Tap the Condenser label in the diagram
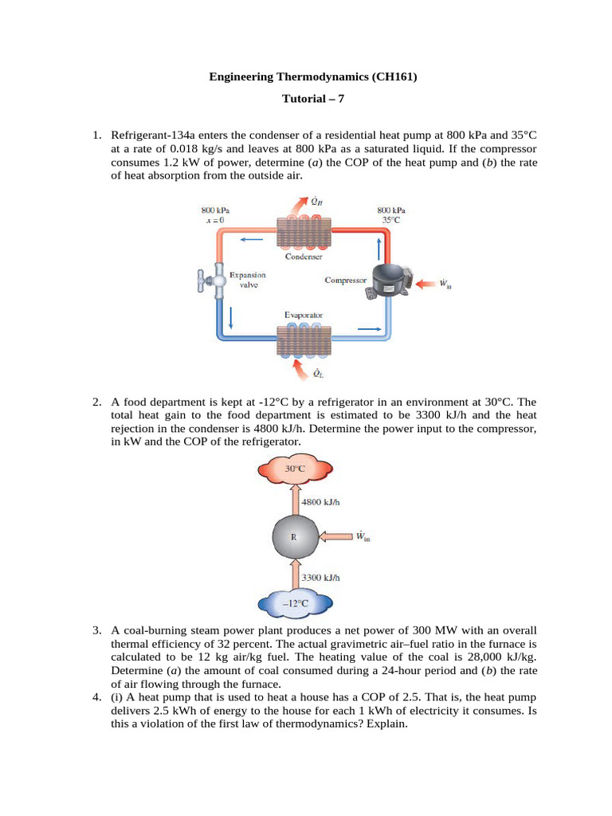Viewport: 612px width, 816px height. (304, 257)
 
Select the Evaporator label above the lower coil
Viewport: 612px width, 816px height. (304, 316)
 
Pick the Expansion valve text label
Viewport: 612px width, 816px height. (247, 280)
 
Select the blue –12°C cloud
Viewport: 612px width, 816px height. (296, 604)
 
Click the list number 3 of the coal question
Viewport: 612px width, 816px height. (97, 630)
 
